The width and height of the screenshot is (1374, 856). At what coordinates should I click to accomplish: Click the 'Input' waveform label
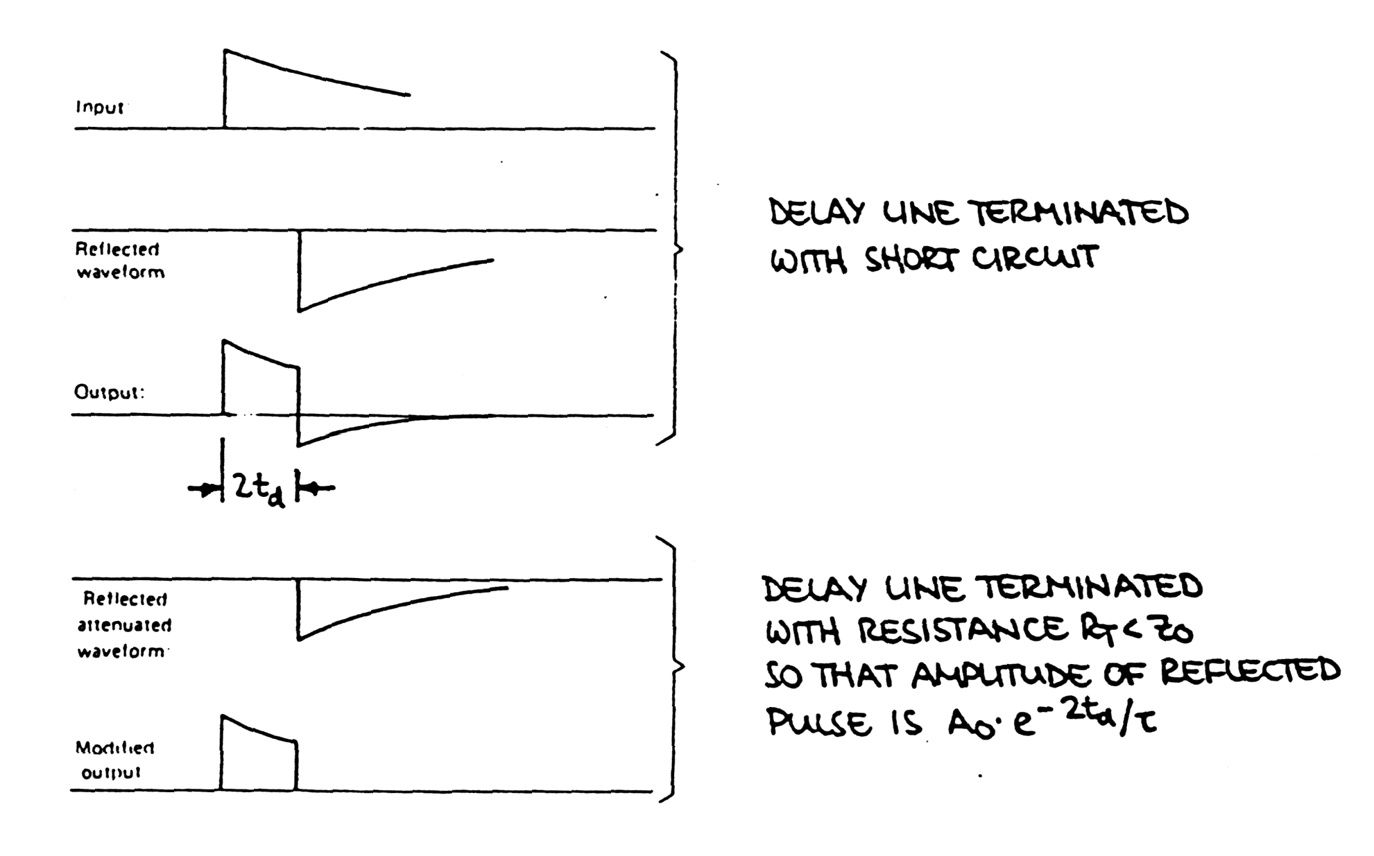coord(100,107)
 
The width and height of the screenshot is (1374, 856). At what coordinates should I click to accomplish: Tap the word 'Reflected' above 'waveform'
coord(117,249)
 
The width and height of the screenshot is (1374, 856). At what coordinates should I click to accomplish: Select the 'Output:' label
coord(110,392)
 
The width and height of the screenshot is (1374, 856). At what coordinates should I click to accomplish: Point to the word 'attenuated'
coord(124,625)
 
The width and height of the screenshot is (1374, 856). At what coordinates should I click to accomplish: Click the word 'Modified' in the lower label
coord(115,748)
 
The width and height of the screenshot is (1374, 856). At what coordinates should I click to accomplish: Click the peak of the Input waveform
coord(225,51)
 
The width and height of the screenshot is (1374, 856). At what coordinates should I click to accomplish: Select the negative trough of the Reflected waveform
coord(300,311)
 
